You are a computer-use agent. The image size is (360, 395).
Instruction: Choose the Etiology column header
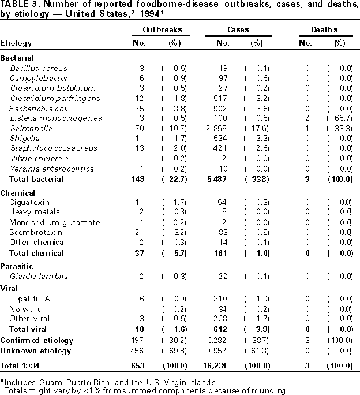[x=16, y=43]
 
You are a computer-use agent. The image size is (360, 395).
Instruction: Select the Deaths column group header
[x=327, y=29]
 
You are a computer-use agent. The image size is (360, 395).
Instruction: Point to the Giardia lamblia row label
[x=39, y=276]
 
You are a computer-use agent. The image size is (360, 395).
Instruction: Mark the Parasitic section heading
[x=16, y=266]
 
